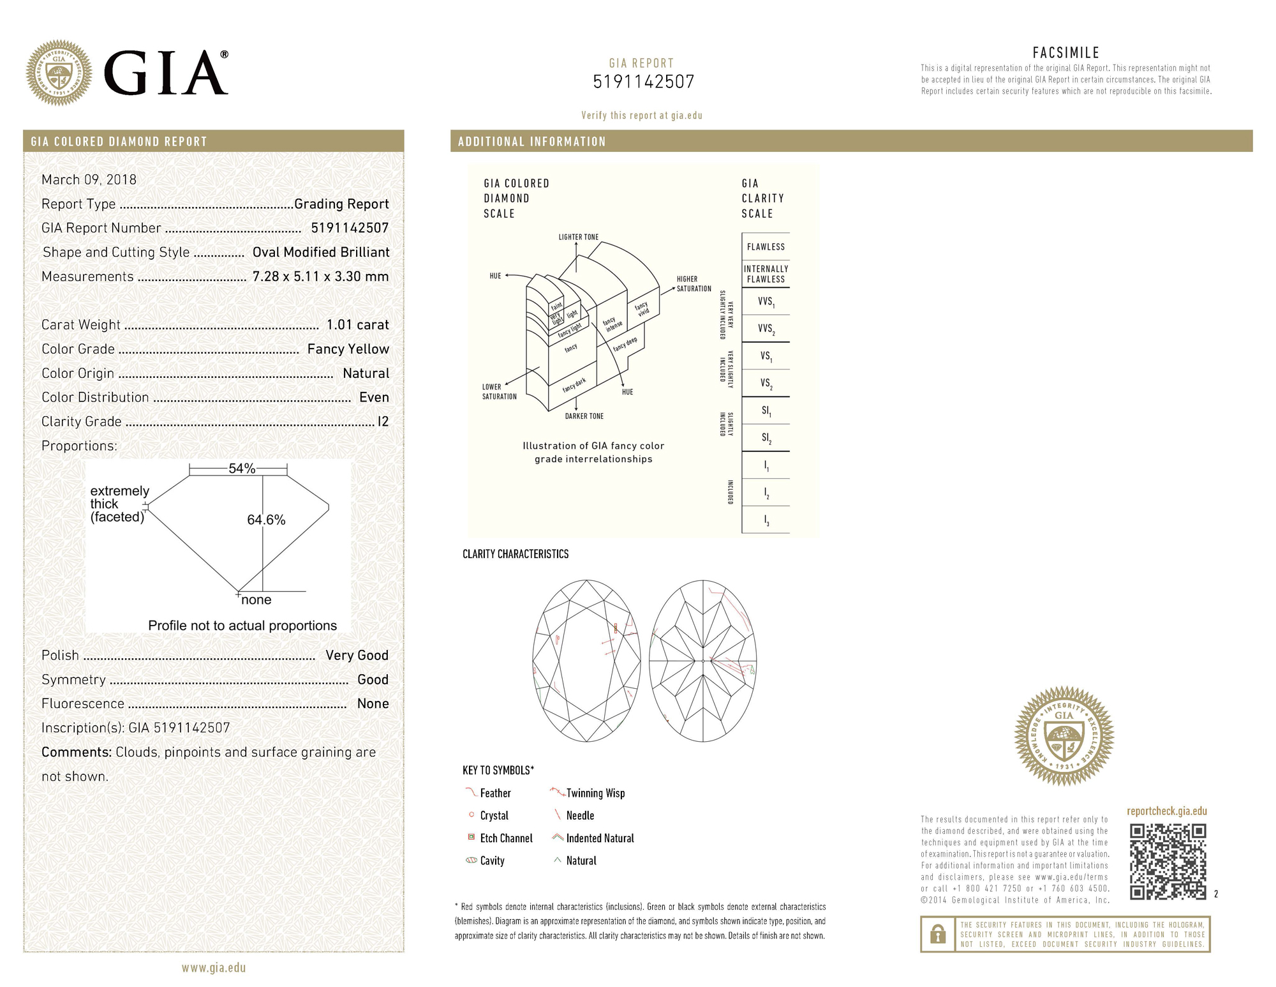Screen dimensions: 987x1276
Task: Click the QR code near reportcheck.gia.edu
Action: pos(1168,862)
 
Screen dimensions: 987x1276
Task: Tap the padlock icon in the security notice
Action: pos(937,935)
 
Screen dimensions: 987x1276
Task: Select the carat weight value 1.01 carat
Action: pos(357,325)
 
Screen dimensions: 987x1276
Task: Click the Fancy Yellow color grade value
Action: pos(348,349)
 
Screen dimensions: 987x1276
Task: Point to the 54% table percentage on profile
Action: pos(242,469)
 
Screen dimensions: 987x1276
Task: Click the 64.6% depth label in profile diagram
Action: pos(266,520)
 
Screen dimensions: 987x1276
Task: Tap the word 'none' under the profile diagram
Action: pos(256,600)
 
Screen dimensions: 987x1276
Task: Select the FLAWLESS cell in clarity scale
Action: pos(766,247)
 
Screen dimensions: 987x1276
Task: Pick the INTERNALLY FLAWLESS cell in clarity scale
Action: pos(766,274)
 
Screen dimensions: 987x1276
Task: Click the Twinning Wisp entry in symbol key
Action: pos(595,793)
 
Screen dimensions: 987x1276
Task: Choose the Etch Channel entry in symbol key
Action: pos(505,838)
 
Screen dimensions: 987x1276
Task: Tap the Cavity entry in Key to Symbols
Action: pos(491,861)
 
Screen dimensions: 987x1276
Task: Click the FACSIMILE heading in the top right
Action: pos(1065,53)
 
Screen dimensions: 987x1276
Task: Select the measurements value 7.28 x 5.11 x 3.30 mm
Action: pos(320,276)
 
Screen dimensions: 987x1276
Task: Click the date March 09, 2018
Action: pos(89,179)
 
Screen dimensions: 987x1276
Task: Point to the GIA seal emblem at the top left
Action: pos(59,73)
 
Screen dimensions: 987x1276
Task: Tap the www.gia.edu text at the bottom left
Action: pos(213,968)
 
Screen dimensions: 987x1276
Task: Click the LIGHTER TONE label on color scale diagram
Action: pos(578,237)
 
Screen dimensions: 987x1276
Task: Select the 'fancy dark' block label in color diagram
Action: pos(574,385)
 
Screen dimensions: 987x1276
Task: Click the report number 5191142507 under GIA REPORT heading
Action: pos(643,82)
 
